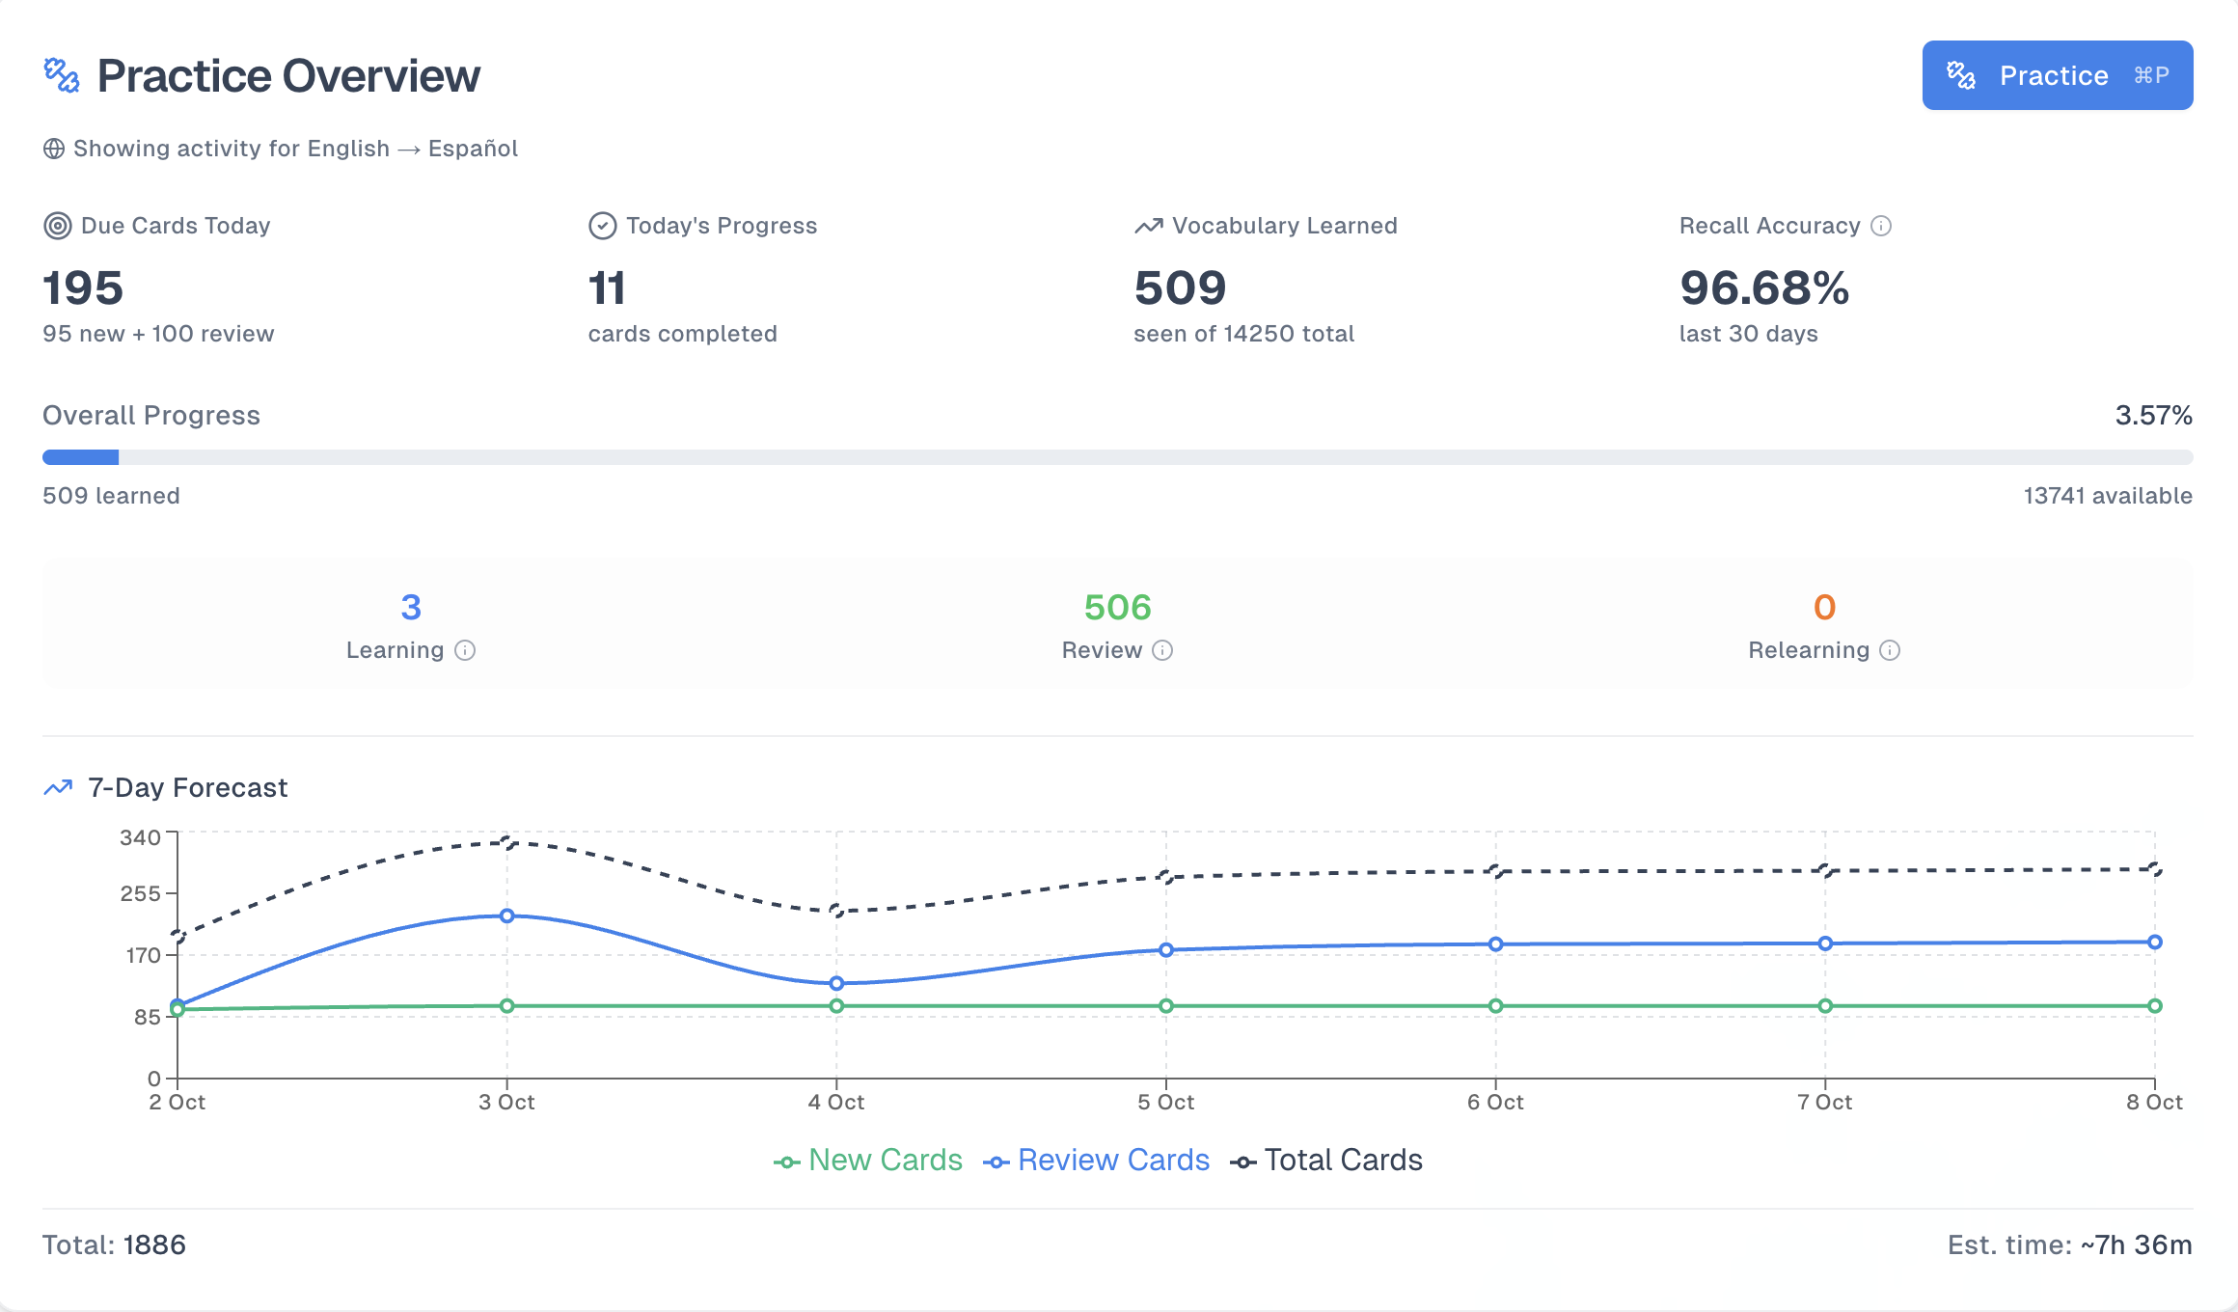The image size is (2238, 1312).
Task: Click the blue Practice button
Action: [x=2057, y=75]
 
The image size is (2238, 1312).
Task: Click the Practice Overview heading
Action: [x=287, y=75]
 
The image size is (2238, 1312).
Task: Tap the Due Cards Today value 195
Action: [x=83, y=287]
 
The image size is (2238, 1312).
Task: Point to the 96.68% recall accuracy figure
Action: [x=1763, y=287]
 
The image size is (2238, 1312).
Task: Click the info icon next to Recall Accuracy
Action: [x=1881, y=226]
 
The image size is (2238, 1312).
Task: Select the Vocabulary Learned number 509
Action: [x=1180, y=287]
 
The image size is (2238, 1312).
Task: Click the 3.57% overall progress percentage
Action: [x=2153, y=416]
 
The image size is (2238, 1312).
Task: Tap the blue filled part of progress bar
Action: [x=81, y=457]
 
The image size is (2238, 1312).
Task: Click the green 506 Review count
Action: [x=1117, y=607]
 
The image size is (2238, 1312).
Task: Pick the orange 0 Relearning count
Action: [x=1823, y=607]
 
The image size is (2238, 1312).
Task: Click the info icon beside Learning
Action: [x=465, y=650]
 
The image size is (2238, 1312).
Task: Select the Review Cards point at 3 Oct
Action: [x=507, y=916]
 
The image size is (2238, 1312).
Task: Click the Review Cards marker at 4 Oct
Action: [x=836, y=983]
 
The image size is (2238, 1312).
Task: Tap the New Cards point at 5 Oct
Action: [x=1166, y=1006]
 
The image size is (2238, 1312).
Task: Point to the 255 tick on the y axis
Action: [x=141, y=893]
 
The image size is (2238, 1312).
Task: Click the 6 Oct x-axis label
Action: [x=1495, y=1103]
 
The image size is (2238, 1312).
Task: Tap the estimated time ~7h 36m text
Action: [x=2136, y=1244]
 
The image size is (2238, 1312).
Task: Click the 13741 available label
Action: [x=2107, y=496]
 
